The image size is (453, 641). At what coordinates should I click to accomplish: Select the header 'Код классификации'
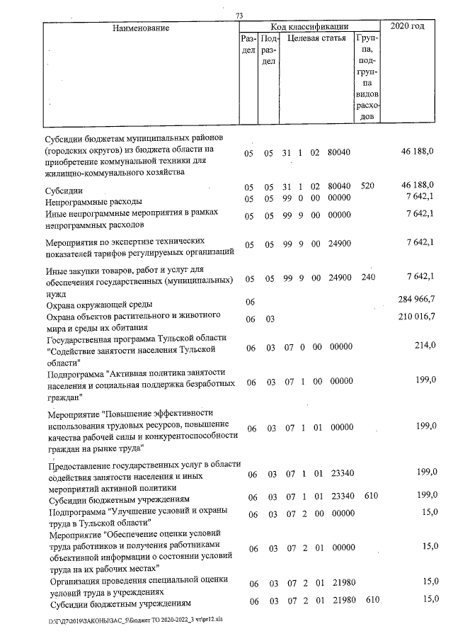click(x=310, y=25)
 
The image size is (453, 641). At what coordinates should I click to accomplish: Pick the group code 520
click(x=367, y=186)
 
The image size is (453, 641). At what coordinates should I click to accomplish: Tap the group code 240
click(x=367, y=277)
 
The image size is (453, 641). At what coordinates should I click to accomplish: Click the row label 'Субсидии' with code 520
click(x=64, y=191)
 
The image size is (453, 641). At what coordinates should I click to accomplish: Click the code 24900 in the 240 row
click(x=340, y=277)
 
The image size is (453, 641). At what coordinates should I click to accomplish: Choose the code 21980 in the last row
click(x=340, y=601)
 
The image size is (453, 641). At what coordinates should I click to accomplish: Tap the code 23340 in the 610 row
click(x=340, y=497)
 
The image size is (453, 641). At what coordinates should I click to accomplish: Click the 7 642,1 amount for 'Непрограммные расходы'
click(x=420, y=196)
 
